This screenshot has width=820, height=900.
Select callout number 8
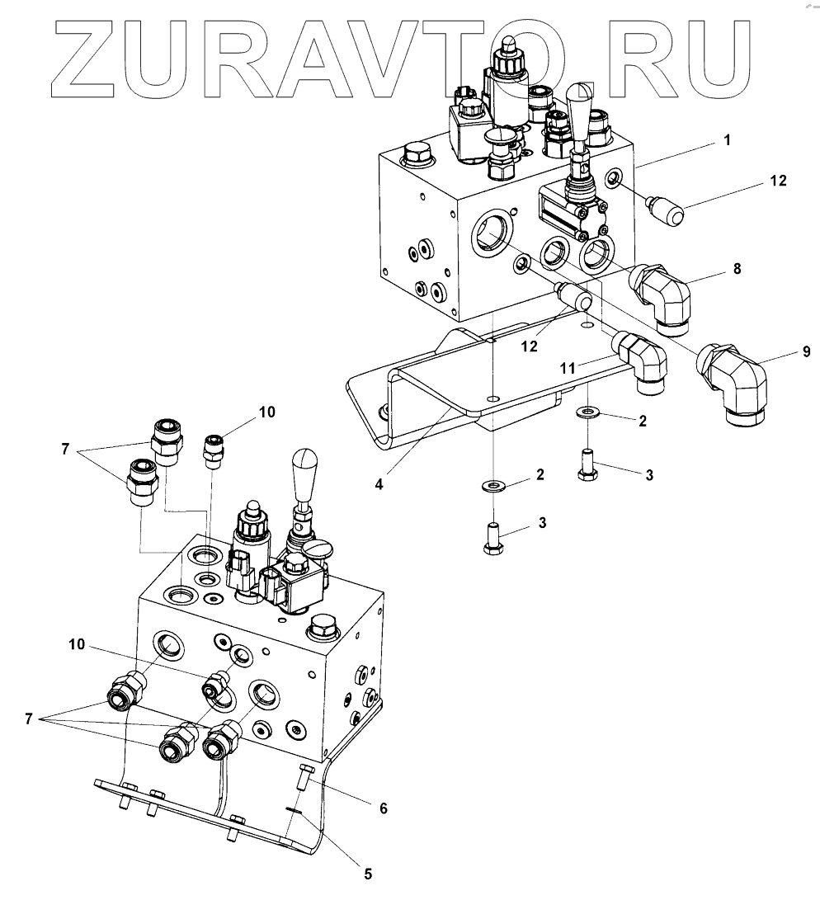737,268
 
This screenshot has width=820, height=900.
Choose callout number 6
384,809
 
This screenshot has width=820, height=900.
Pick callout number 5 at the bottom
368,872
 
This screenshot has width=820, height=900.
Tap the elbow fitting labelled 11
641,358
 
